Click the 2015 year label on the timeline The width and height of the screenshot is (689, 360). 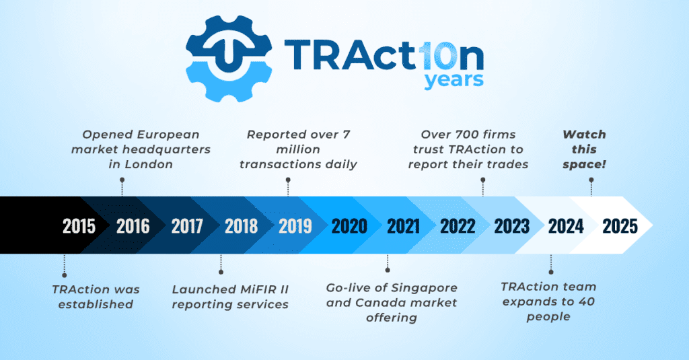coord(79,226)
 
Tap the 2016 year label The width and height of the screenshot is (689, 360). coord(133,226)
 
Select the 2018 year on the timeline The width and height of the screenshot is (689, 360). coord(241,226)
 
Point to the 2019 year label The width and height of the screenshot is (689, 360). coord(295,226)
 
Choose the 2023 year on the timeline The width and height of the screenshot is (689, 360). coord(512,226)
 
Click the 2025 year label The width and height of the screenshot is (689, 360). coord(620,226)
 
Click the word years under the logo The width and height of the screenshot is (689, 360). coord(454,80)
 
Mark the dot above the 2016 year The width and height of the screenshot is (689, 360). coord(122,180)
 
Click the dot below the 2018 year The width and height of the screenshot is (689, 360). coord(221,272)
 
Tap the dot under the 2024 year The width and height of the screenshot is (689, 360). coord(550,272)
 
